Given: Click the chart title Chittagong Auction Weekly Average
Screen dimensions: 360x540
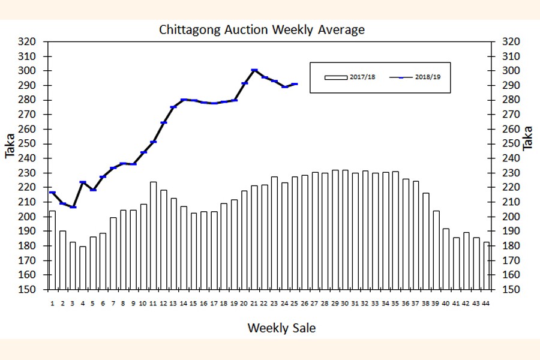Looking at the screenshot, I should click(x=262, y=29).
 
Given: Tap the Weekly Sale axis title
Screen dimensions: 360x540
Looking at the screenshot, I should click(x=281, y=328).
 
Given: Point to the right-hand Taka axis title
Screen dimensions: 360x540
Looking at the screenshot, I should click(x=528, y=138).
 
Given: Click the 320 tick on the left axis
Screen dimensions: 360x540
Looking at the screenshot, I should click(x=28, y=42).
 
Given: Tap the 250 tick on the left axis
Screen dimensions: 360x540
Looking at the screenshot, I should click(x=28, y=144).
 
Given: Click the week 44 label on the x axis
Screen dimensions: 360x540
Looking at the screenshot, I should click(x=486, y=304).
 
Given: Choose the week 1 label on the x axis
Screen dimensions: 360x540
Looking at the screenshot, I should click(x=52, y=304).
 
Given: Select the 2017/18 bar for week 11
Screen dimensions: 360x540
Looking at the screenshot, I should click(x=153, y=235).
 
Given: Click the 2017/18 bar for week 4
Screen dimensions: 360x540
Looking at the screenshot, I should click(x=83, y=268).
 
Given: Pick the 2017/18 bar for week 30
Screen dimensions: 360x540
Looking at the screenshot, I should click(x=345, y=230).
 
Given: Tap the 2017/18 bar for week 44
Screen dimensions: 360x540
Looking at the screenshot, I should click(x=486, y=266).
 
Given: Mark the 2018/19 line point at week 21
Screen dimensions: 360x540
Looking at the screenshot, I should click(x=254, y=70).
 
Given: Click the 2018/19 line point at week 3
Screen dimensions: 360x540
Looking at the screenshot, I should click(x=73, y=207).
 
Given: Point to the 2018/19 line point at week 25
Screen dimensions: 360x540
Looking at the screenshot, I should click(x=295, y=84).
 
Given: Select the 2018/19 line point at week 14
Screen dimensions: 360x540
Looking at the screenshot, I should click(x=184, y=100).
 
